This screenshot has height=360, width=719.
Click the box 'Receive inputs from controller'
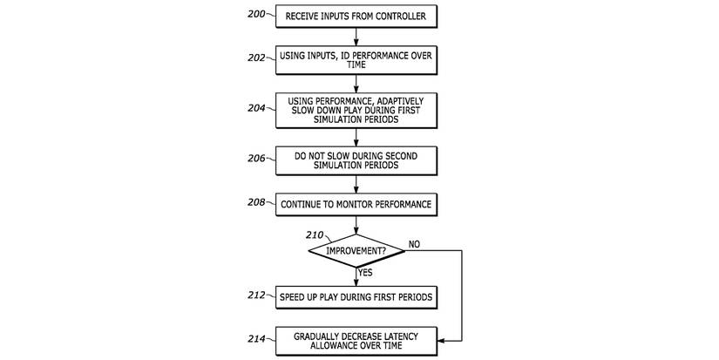pyautogui.click(x=356, y=15)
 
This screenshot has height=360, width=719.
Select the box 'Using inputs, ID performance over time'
pyautogui.click(x=356, y=59)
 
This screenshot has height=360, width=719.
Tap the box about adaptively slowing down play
pyautogui.click(x=356, y=111)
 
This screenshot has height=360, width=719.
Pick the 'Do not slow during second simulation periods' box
pyautogui.click(x=356, y=160)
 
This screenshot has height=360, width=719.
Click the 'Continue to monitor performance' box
pyautogui.click(x=356, y=206)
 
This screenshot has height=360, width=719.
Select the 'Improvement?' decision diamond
pyautogui.click(x=356, y=251)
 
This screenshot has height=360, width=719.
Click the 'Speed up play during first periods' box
pyautogui.click(x=356, y=296)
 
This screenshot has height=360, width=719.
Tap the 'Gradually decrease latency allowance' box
pyautogui.click(x=356, y=341)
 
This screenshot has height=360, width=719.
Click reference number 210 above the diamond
pyautogui.click(x=315, y=234)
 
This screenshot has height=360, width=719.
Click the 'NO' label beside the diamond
pyautogui.click(x=414, y=244)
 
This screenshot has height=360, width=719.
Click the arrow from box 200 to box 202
pyautogui.click(x=356, y=36)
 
